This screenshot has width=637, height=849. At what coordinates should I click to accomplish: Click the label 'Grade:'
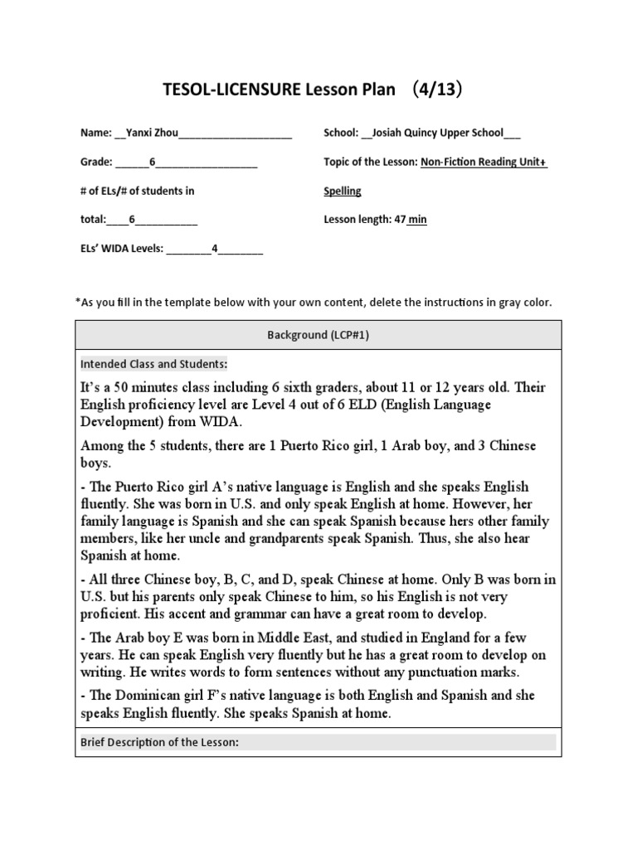96,162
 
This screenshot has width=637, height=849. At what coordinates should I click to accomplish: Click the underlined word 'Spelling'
342,191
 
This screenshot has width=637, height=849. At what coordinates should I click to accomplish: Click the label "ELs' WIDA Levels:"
121,249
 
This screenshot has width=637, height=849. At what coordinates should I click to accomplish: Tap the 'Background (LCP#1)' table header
318,335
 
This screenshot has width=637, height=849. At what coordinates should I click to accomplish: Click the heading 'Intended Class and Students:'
153,363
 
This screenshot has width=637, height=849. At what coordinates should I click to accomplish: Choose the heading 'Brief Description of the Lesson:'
159,742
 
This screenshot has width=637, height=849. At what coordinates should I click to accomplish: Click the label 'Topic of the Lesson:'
370,162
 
